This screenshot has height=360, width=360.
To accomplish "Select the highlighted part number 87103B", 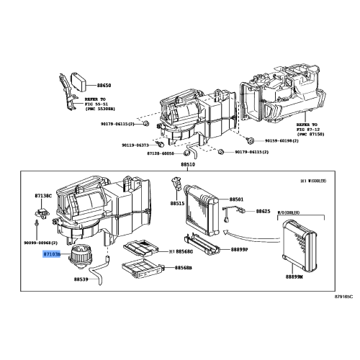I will tap(53, 254).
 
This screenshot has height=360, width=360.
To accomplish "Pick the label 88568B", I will tap(182, 268).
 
